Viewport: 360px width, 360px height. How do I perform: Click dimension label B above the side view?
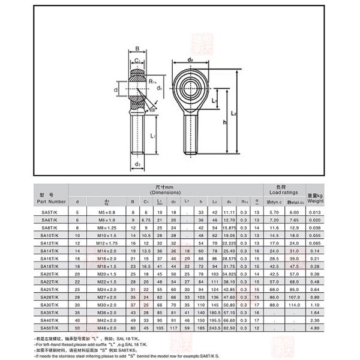click(x=137, y=50)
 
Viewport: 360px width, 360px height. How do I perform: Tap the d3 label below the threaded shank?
click(x=137, y=164)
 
